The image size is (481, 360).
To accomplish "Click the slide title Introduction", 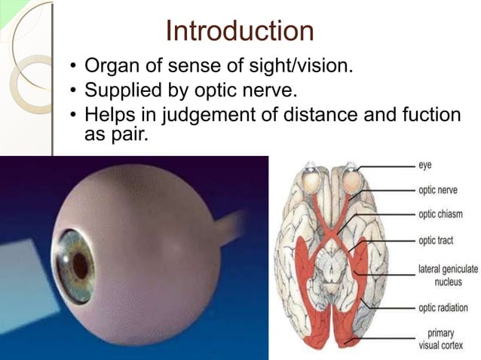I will (240, 32).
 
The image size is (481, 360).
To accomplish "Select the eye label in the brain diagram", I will (426, 163).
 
